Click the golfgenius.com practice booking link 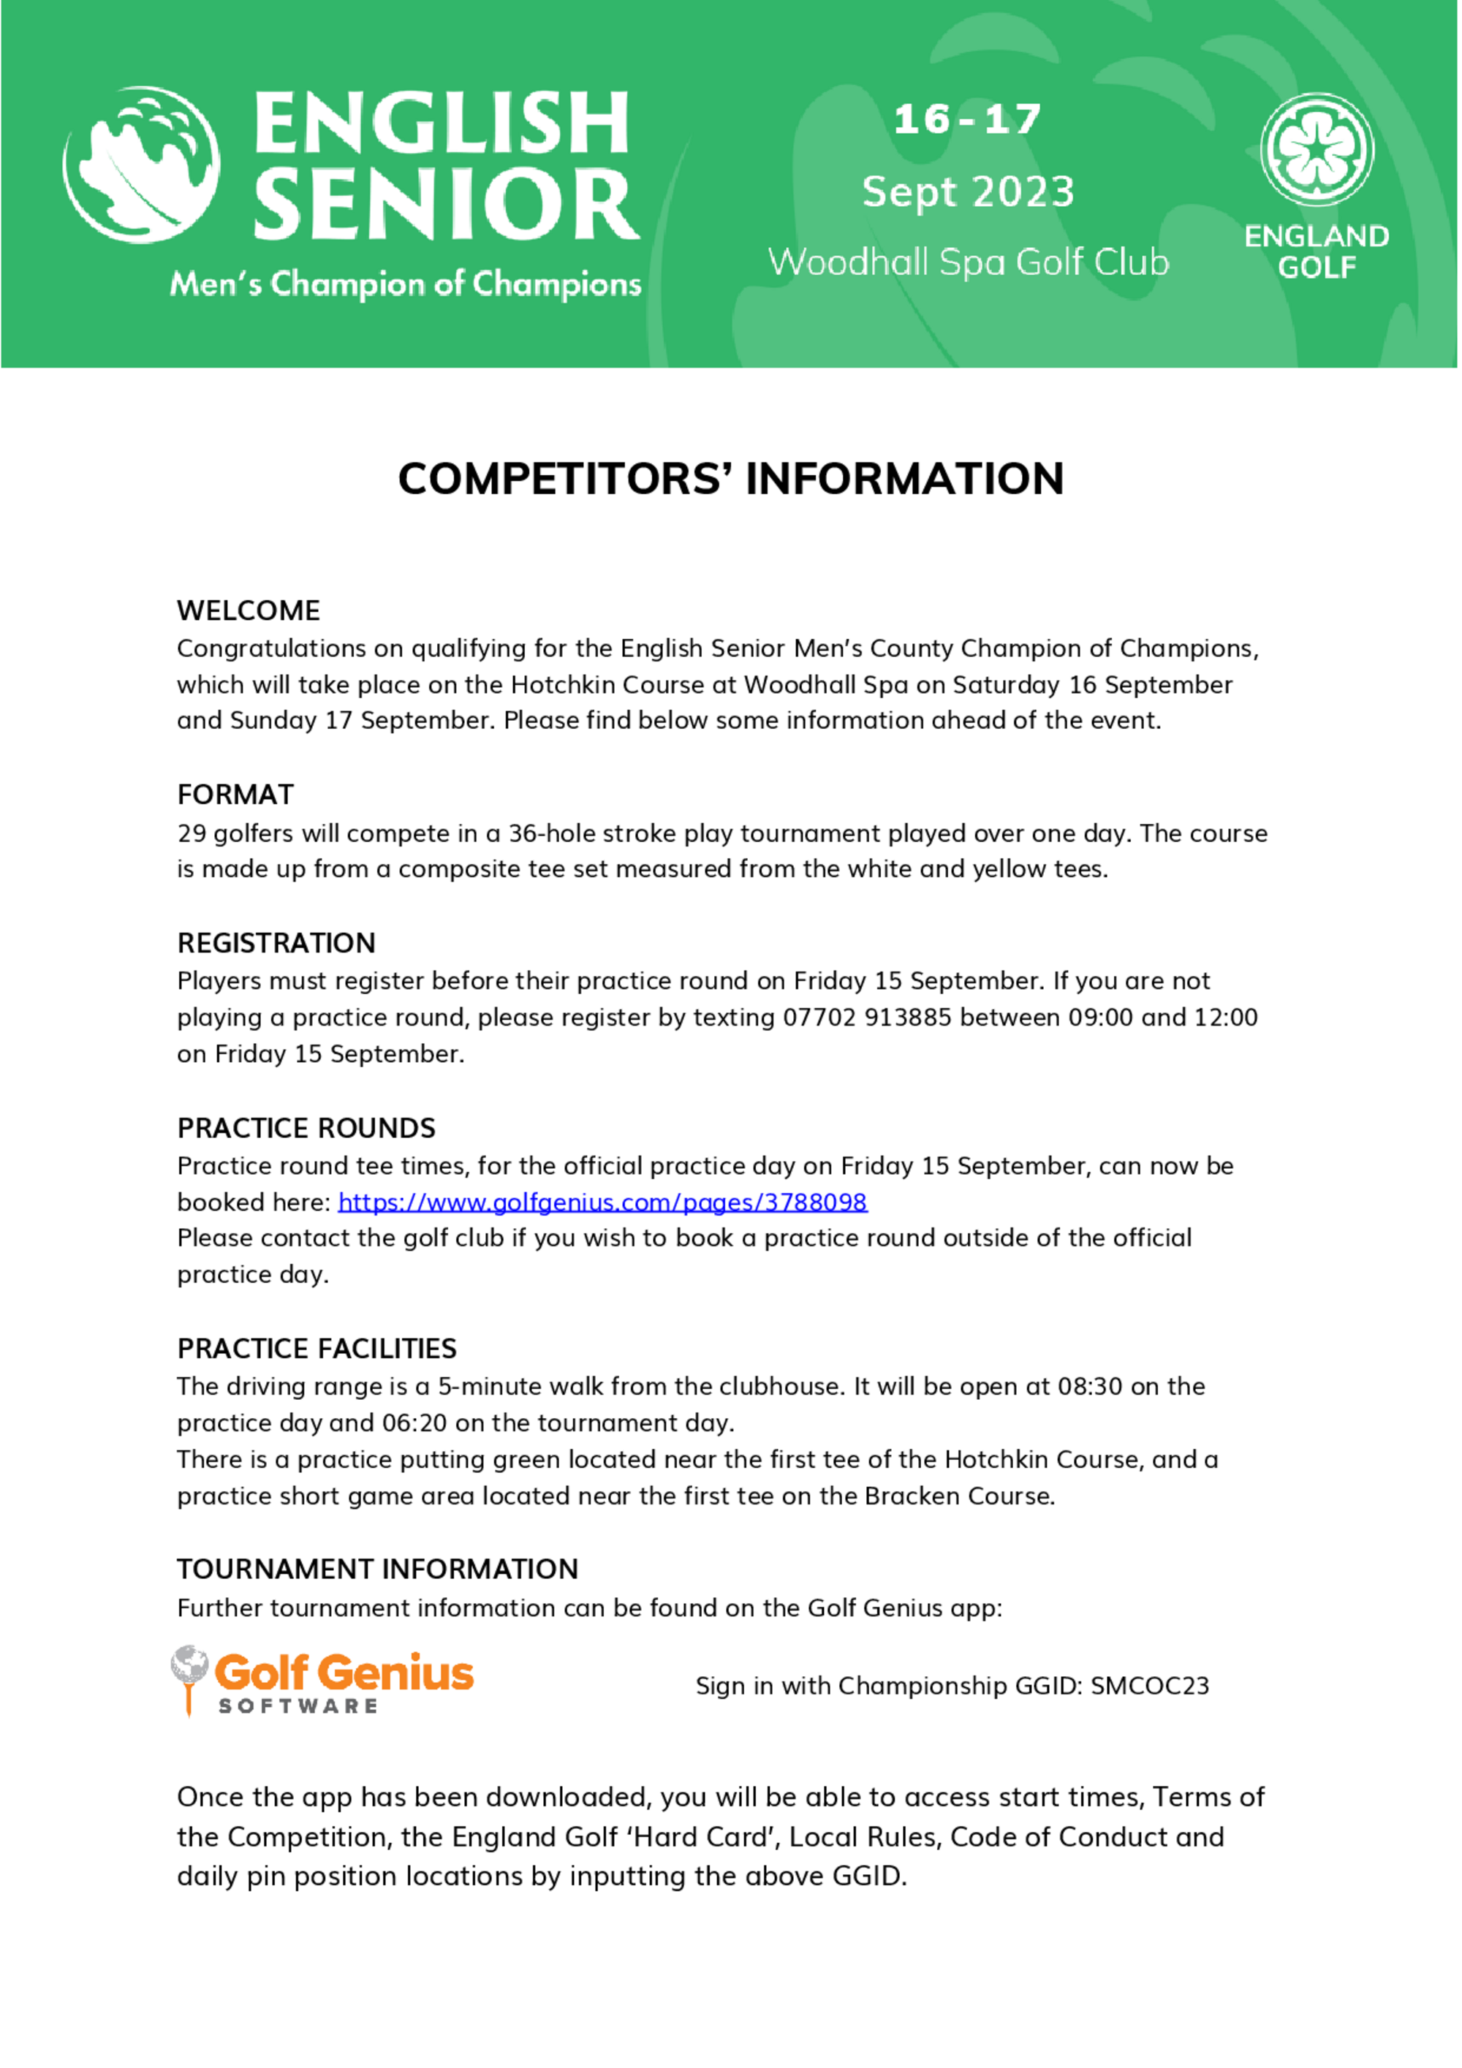[x=602, y=1202]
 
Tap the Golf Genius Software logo [x=322, y=1680]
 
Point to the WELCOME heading [x=249, y=610]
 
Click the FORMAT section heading [x=235, y=795]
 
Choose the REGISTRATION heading [x=276, y=943]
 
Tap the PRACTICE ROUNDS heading [x=306, y=1128]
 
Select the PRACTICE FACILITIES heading [x=317, y=1349]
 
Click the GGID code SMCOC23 [x=1149, y=1686]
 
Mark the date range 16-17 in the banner [x=966, y=120]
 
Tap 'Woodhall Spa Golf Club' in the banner [x=969, y=262]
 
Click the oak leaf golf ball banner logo [x=141, y=164]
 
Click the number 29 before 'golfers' [x=192, y=833]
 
